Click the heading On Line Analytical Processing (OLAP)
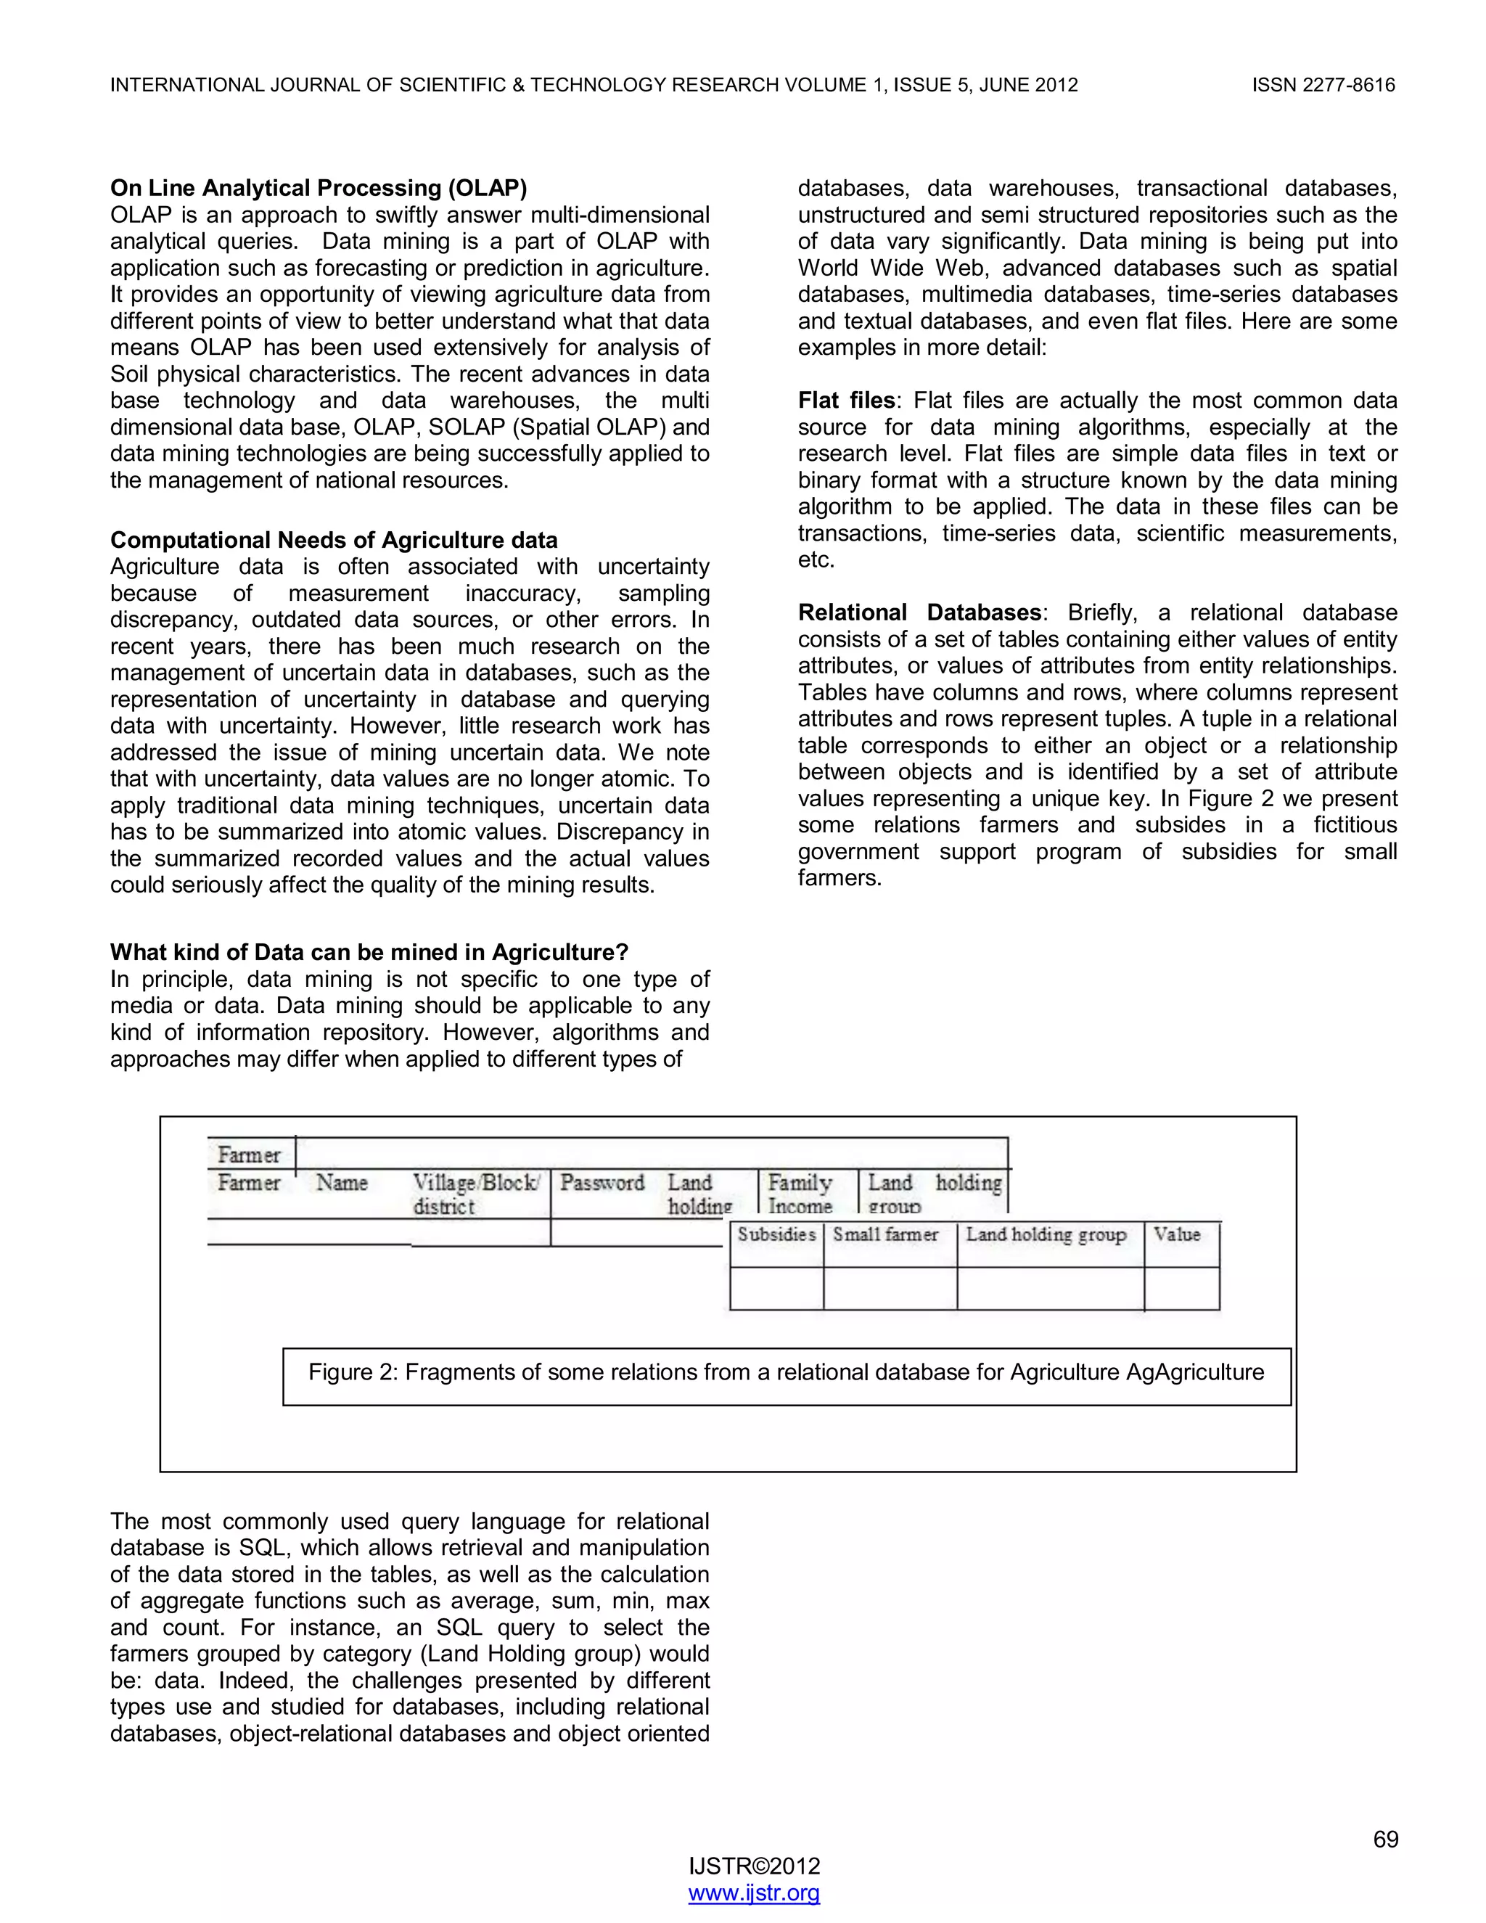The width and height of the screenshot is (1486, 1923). (x=318, y=187)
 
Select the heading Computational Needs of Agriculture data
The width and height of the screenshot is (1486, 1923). (x=334, y=540)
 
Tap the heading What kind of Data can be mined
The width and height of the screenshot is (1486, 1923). (x=369, y=952)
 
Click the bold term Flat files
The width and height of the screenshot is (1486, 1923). (x=846, y=400)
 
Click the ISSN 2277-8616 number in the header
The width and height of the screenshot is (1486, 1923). (x=1323, y=86)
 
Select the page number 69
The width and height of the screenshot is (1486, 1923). (x=1384, y=1840)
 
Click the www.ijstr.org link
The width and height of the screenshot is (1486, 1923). (x=754, y=1893)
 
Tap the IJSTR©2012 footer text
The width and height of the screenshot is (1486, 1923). (x=754, y=1866)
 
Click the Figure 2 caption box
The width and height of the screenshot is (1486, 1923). (x=785, y=1373)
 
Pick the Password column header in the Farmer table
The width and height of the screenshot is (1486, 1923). (x=602, y=1183)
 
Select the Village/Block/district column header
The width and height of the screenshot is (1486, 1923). (x=476, y=1193)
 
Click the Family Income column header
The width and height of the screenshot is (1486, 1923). (x=800, y=1193)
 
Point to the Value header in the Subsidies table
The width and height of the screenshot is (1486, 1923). (x=1177, y=1234)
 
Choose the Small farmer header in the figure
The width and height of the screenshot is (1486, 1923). (x=886, y=1234)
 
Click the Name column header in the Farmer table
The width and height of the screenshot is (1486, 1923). (x=342, y=1183)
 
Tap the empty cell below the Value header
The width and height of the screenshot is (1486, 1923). (x=1181, y=1288)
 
